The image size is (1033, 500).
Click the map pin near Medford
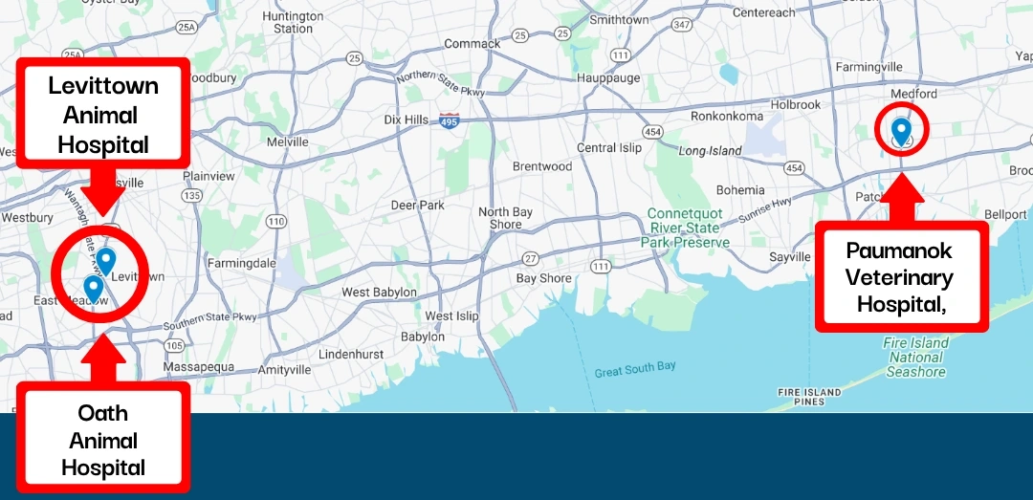[900, 130]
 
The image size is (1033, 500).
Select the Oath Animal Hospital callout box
[103, 440]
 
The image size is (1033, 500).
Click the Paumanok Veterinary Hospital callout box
[900, 278]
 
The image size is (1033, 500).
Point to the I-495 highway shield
[449, 120]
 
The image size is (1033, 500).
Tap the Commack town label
[472, 43]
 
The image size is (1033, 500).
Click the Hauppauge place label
[608, 77]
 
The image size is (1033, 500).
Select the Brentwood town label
[541, 166]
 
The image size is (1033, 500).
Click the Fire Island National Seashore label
[916, 358]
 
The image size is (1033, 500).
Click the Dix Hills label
[406, 120]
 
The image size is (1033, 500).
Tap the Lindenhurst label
[351, 354]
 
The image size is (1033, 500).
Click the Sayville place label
[790, 257]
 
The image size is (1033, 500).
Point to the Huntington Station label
[293, 23]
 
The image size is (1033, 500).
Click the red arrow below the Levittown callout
[103, 190]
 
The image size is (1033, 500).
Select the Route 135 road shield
[191, 195]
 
